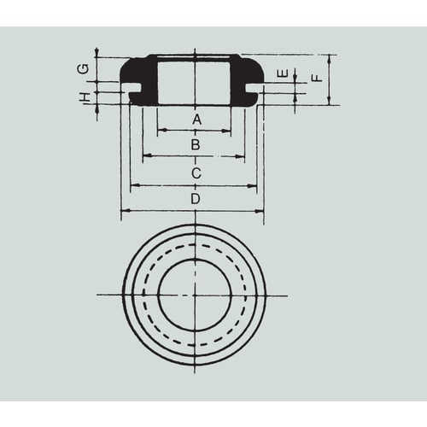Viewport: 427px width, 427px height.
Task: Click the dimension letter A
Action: (196, 120)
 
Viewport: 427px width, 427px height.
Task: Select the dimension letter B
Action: (196, 144)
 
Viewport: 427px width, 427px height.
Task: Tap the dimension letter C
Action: (196, 173)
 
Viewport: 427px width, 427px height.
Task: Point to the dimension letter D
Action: (196, 199)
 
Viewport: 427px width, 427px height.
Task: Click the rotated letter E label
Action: (283, 73)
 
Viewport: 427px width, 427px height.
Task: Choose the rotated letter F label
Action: (317, 78)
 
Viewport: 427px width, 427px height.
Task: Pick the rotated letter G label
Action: (83, 69)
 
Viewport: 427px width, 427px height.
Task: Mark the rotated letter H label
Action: (85, 97)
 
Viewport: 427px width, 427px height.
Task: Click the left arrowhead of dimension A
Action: (161, 131)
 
